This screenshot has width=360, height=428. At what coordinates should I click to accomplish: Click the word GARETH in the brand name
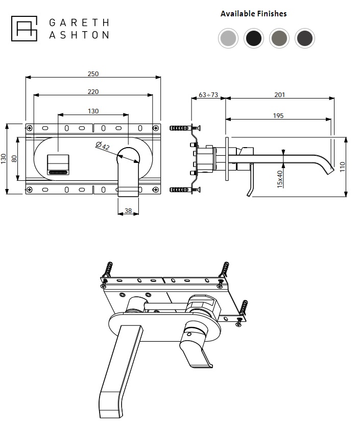(x=79, y=22)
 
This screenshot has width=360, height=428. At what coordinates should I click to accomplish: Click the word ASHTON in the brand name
(x=79, y=35)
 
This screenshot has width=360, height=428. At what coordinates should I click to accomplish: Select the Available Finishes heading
(x=253, y=14)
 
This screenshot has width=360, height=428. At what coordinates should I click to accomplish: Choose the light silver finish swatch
(x=228, y=38)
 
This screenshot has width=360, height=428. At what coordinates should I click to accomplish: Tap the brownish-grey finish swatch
(x=279, y=38)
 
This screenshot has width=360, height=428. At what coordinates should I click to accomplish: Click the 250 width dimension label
(x=93, y=74)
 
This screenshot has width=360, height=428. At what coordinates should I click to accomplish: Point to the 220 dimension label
(x=93, y=91)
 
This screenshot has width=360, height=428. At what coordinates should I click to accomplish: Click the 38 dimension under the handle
(x=128, y=210)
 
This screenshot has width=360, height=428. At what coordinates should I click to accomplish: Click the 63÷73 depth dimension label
(x=208, y=94)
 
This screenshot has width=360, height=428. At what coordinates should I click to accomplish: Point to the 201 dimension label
(x=279, y=94)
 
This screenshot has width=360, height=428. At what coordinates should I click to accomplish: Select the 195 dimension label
(x=278, y=116)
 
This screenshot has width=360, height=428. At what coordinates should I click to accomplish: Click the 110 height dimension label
(x=343, y=167)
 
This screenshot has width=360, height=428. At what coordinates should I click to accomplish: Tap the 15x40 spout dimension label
(x=280, y=179)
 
